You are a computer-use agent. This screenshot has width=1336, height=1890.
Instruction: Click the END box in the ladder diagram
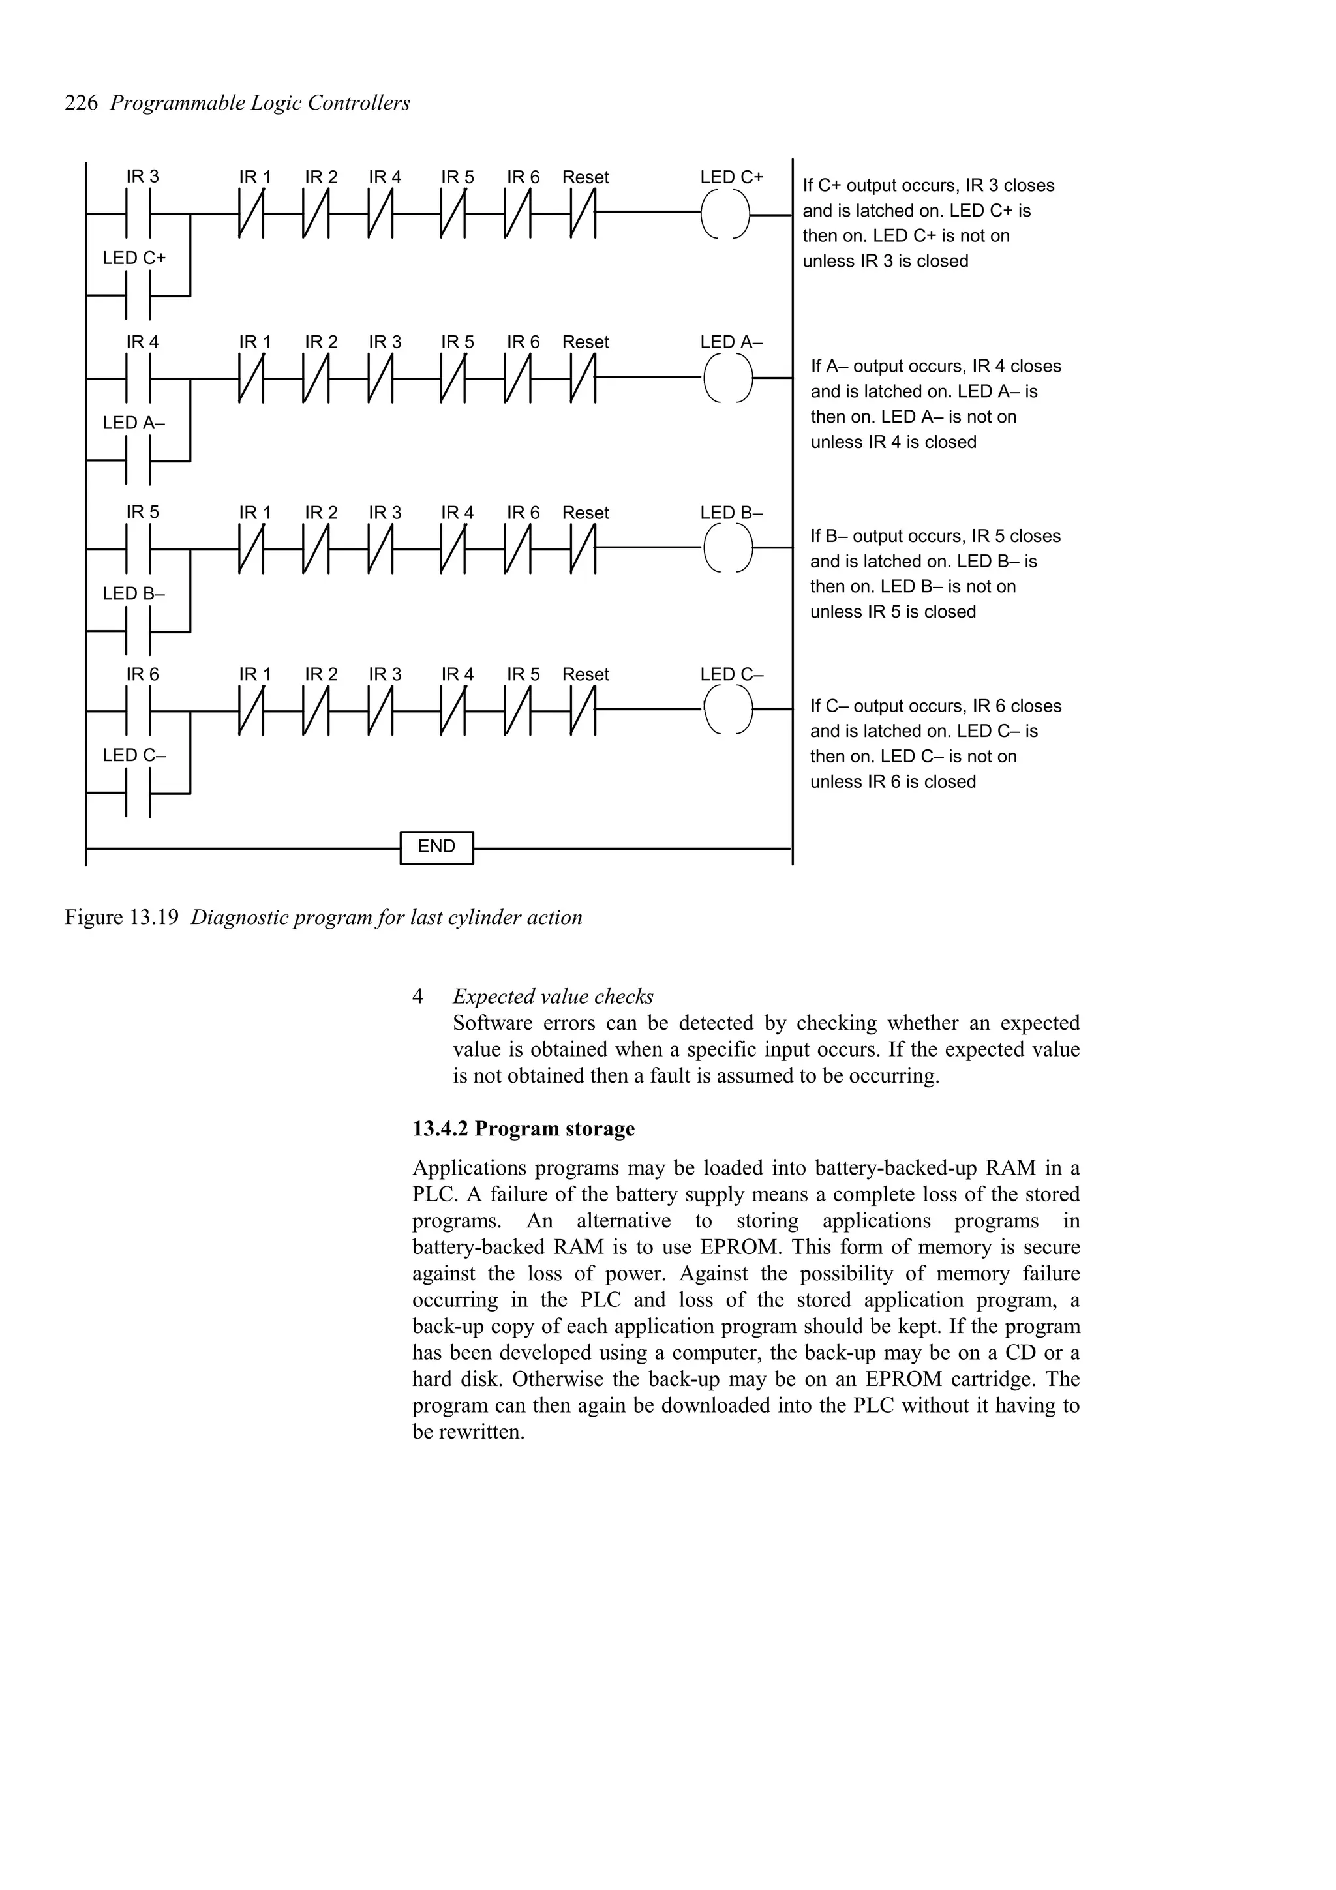[436, 847]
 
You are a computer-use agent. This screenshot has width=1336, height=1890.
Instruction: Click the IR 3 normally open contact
[138, 214]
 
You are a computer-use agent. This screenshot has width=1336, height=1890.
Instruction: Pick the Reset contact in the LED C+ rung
[583, 214]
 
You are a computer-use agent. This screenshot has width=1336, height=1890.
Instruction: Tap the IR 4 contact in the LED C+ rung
[381, 214]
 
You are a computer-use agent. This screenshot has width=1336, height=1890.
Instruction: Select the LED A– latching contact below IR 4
[138, 461]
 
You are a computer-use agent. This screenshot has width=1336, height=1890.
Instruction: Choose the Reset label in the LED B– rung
[585, 513]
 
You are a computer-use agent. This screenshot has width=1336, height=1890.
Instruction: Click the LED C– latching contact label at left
[134, 755]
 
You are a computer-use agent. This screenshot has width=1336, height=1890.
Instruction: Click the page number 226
[81, 103]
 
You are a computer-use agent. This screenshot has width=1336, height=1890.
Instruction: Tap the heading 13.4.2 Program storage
[524, 1128]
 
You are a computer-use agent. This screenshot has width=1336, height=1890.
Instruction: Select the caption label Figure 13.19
[122, 917]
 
